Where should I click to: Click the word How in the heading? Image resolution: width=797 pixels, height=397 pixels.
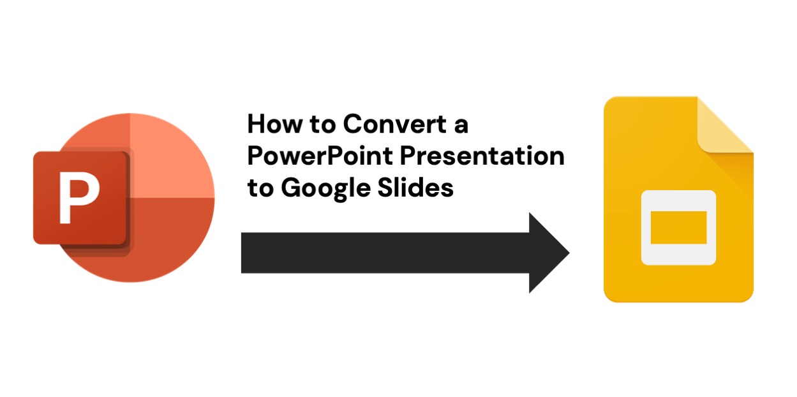pos(274,124)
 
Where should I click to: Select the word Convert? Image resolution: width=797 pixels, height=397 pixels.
pos(395,124)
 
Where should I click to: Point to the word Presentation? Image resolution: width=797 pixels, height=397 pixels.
pos(482,156)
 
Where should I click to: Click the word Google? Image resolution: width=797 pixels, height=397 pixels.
pos(326,188)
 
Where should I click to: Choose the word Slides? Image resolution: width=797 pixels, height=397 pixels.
pos(415,187)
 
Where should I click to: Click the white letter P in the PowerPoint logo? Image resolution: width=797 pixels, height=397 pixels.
pos(79,198)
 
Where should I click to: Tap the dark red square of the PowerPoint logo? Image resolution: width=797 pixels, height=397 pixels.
pos(80,198)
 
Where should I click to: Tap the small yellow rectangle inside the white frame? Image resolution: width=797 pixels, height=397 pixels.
pos(678,228)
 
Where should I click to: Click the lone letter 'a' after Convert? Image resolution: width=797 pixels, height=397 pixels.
pos(461,126)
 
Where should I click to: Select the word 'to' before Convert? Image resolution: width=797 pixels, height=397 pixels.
pos(323,124)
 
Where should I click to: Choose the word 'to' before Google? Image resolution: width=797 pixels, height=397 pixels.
pos(260,188)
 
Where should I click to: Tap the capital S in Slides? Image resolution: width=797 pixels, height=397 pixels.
pos(386,187)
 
